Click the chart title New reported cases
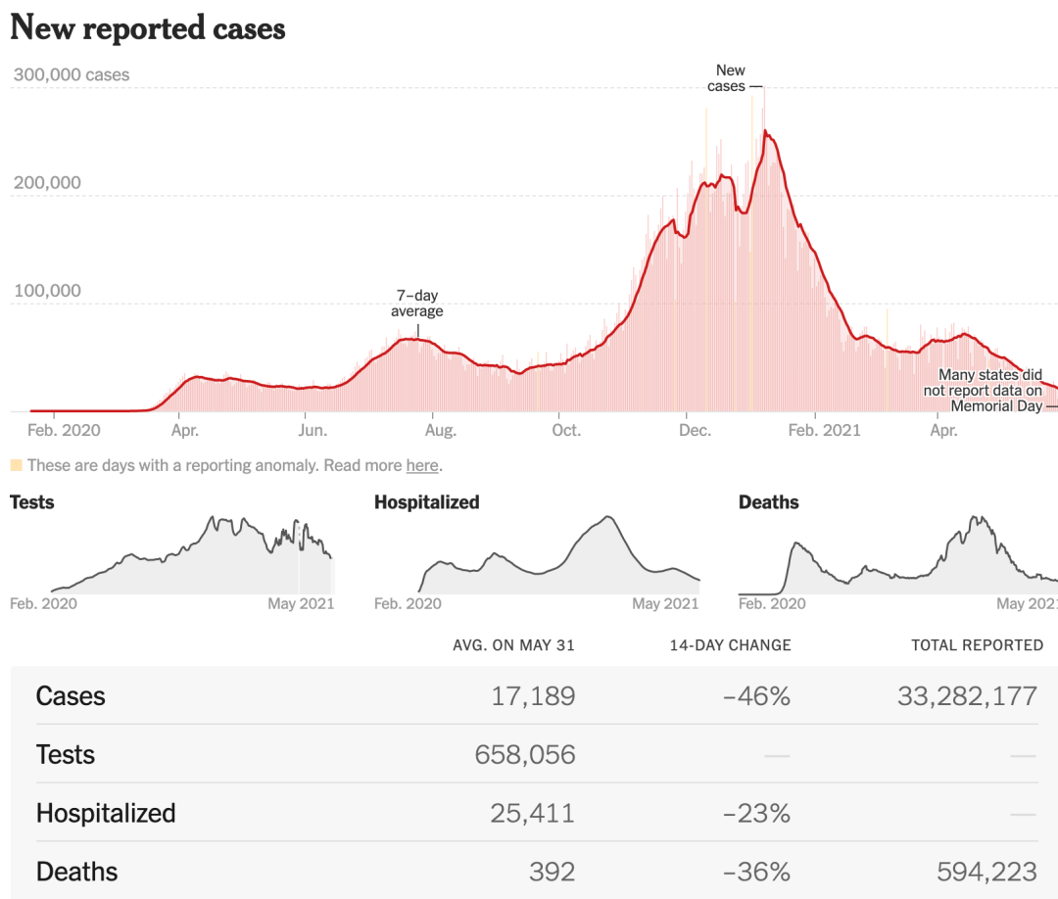tap(147, 27)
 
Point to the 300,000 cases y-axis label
tap(71, 74)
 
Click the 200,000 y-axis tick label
tap(46, 183)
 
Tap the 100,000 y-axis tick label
tap(46, 291)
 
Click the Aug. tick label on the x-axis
tap(440, 430)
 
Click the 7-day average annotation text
tap(417, 304)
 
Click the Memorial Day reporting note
tap(989, 390)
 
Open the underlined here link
tap(422, 466)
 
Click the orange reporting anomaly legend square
tap(16, 465)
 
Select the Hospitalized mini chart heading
tap(426, 502)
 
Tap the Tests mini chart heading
tap(32, 502)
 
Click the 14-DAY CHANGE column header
tap(730, 645)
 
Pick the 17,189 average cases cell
tap(533, 696)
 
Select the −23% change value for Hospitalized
tap(756, 814)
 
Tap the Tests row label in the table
tap(66, 755)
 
